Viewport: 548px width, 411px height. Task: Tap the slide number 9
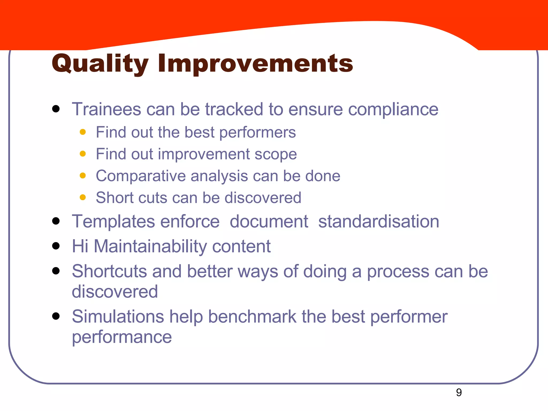pyautogui.click(x=459, y=393)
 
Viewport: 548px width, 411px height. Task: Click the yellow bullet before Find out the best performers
pyautogui.click(x=83, y=132)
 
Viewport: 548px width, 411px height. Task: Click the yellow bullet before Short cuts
pyautogui.click(x=83, y=197)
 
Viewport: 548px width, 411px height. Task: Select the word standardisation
pyautogui.click(x=379, y=222)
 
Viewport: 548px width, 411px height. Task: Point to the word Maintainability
pyautogui.click(x=150, y=246)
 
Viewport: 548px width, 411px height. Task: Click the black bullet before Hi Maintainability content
pyautogui.click(x=56, y=246)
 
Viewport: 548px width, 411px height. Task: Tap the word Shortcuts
pyautogui.click(x=109, y=271)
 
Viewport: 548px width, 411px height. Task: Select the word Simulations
pyautogui.click(x=118, y=317)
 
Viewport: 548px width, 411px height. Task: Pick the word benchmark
pyautogui.click(x=252, y=317)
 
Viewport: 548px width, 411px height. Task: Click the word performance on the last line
pyautogui.click(x=122, y=337)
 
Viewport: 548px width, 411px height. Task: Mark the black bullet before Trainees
pyautogui.click(x=56, y=109)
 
